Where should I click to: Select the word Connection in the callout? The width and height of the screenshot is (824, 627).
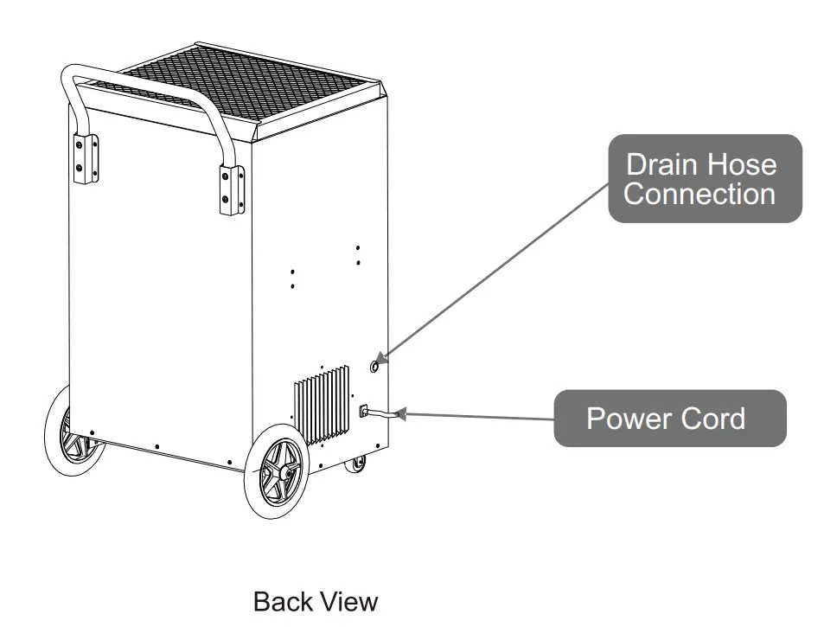[699, 194]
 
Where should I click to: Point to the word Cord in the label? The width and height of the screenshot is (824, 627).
[711, 419]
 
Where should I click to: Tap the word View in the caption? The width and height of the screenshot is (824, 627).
[348, 601]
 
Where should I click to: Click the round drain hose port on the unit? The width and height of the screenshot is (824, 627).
[375, 367]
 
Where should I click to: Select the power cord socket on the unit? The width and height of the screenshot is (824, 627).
[365, 412]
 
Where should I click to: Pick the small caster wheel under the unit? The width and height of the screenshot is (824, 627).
[355, 466]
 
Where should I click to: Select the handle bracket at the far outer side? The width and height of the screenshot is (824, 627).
[85, 157]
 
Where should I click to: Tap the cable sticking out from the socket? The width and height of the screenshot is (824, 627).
[385, 418]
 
